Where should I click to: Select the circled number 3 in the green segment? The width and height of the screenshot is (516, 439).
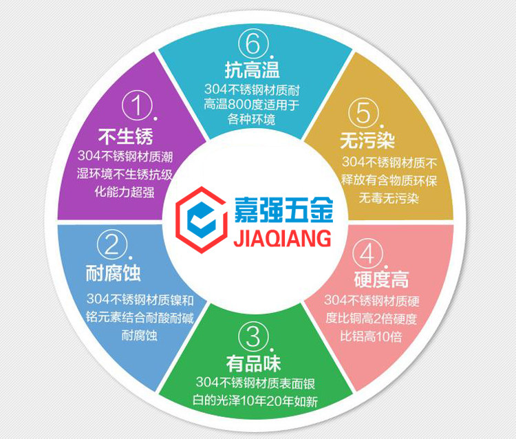(x=252, y=336)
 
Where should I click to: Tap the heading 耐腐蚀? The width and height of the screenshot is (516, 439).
(x=114, y=274)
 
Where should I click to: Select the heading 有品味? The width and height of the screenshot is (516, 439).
(x=253, y=363)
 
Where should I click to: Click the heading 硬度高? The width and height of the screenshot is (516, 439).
(x=380, y=280)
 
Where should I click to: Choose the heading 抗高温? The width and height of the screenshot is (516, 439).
(x=252, y=69)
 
